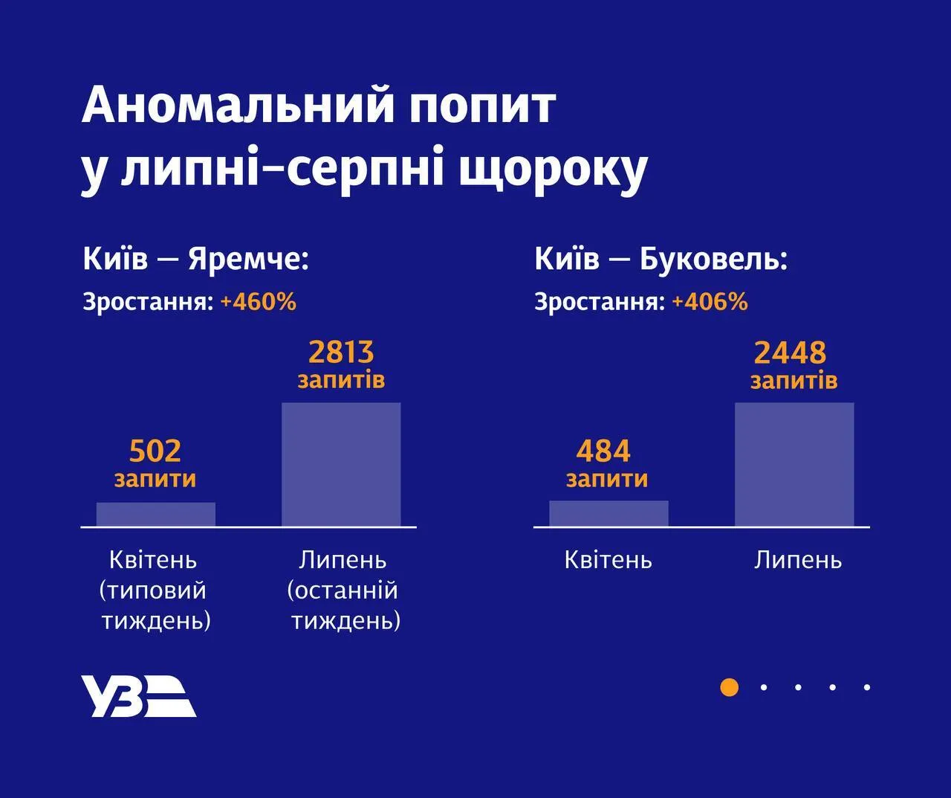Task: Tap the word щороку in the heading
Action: pos(553,170)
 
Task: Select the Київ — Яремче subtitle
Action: pos(195,260)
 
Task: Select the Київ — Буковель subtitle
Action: pos(660,260)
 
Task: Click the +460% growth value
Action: pos(258,302)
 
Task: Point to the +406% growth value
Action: pos(710,302)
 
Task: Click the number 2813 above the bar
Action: pos(341,352)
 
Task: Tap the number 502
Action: pos(155,451)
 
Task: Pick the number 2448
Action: pos(790,353)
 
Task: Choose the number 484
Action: pos(603,451)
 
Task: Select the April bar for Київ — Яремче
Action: pos(156,515)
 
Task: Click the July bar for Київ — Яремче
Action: pos(341,465)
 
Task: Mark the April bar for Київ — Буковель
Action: pos(608,514)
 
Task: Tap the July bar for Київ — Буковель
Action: pos(794,465)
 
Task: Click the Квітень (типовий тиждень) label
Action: pos(155,590)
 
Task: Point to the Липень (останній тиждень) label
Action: pos(343,590)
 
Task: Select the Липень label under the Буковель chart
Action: pos(798,559)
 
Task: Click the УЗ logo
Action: pos(138,696)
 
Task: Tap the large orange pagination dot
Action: pos(730,687)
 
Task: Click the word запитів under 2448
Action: pos(793,381)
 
